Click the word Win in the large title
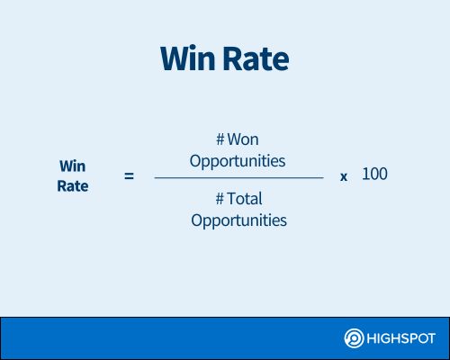[x=188, y=58]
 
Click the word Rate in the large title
[x=256, y=58]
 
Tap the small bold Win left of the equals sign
[x=73, y=166]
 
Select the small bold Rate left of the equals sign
[x=73, y=186]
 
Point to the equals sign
[x=129, y=176]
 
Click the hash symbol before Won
[x=220, y=139]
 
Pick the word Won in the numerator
[x=243, y=139]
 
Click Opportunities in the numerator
[x=238, y=161]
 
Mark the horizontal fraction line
[x=238, y=177]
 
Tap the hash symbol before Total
[x=220, y=199]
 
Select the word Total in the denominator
[x=245, y=199]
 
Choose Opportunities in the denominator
[x=238, y=220]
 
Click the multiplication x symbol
[x=344, y=177]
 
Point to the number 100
[x=374, y=174]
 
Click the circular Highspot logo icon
[x=354, y=338]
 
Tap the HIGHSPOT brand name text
[x=400, y=338]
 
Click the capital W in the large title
[x=177, y=58]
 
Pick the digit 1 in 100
[x=365, y=174]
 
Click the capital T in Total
[x=231, y=199]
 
